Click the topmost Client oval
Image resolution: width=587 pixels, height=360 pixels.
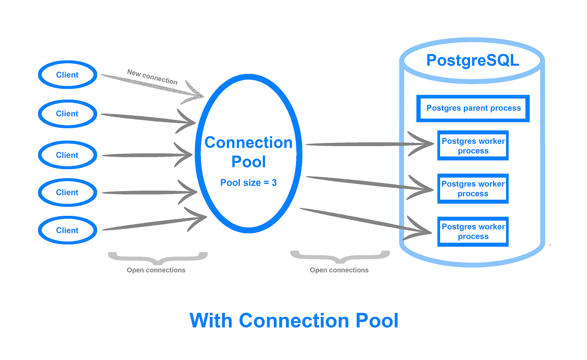click(68, 75)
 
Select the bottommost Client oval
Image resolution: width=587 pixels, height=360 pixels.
click(68, 230)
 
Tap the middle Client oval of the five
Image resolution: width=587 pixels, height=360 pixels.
click(68, 155)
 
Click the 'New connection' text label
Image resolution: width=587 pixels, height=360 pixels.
click(152, 77)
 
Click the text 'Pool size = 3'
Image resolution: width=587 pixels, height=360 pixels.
click(248, 183)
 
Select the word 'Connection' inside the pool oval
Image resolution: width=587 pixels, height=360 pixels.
click(248, 143)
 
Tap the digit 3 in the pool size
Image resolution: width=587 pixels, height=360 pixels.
click(274, 183)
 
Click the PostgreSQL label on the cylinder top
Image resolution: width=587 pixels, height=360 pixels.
click(473, 60)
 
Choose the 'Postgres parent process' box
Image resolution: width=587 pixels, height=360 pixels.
click(473, 108)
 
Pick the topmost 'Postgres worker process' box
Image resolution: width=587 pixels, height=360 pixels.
click(473, 146)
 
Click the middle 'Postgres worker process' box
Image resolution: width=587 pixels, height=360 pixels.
click(473, 189)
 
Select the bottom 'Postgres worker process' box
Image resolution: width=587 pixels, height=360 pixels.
click(473, 231)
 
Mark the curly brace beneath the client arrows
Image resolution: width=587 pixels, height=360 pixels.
click(158, 257)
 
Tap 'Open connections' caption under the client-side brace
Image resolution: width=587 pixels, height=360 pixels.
click(156, 270)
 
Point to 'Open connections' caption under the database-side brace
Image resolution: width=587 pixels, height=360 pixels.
click(339, 270)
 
